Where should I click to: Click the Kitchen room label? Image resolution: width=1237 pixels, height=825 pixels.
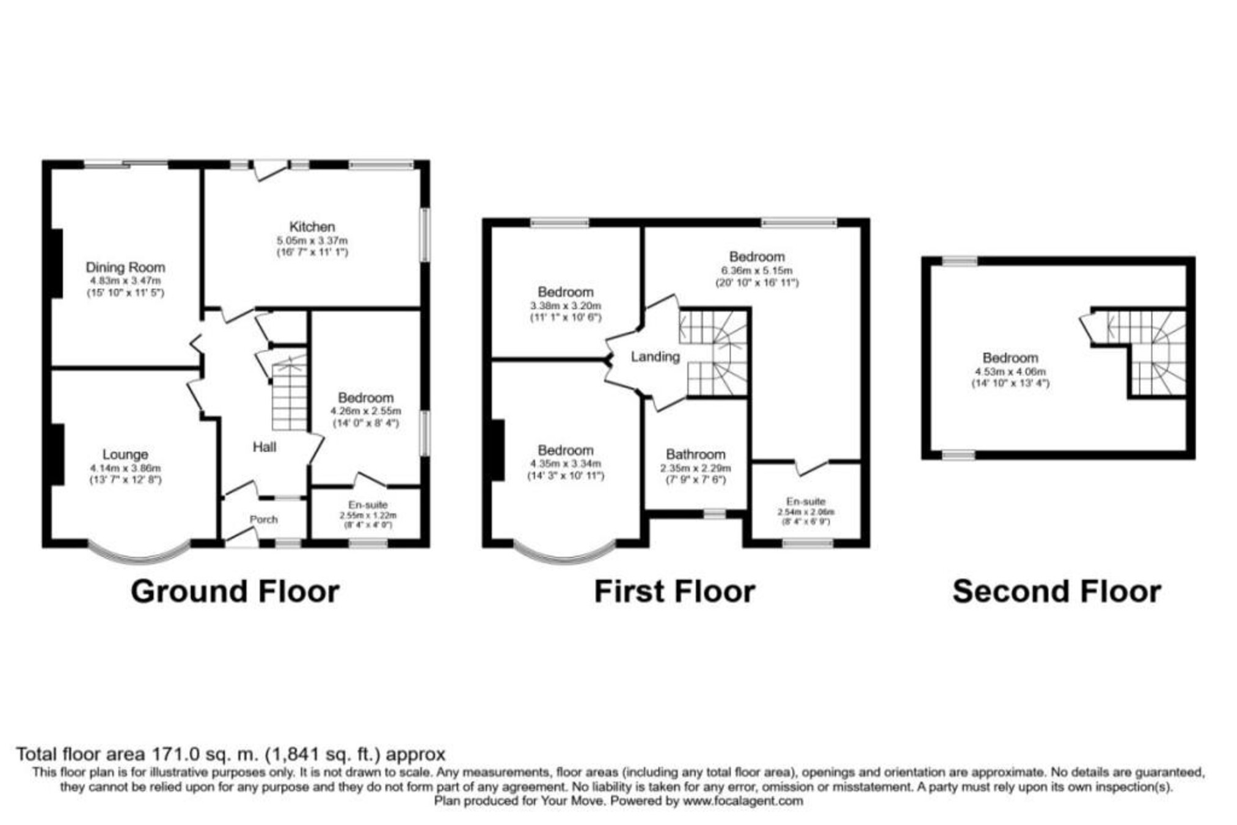click(x=312, y=227)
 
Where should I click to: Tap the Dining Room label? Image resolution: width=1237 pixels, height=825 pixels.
click(x=125, y=267)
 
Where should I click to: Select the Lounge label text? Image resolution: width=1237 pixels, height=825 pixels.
click(x=125, y=454)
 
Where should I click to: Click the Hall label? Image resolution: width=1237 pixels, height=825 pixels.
click(x=265, y=447)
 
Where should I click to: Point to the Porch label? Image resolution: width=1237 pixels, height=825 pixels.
click(x=264, y=519)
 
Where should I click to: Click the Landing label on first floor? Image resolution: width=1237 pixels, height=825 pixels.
click(x=655, y=356)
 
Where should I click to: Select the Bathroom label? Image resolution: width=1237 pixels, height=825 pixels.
click(x=695, y=454)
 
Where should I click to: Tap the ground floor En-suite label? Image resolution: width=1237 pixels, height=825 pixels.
click(x=368, y=504)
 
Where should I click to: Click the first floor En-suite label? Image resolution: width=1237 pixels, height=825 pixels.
click(x=805, y=501)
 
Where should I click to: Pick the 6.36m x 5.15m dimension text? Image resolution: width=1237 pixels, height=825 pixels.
click(x=757, y=270)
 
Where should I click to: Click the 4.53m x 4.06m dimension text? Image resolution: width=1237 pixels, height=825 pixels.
click(x=1010, y=371)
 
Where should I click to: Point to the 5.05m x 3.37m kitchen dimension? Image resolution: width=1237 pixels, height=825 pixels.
click(x=312, y=241)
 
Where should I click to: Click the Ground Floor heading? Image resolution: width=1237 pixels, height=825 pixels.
click(x=235, y=591)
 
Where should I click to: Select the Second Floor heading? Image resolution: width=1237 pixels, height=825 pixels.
click(x=1057, y=591)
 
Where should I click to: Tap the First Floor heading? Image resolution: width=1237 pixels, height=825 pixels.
click(x=674, y=591)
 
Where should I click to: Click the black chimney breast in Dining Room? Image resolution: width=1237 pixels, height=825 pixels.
click(x=57, y=263)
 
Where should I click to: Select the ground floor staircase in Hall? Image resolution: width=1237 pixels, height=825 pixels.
click(x=289, y=397)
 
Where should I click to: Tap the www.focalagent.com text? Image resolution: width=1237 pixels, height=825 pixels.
click(x=743, y=801)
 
